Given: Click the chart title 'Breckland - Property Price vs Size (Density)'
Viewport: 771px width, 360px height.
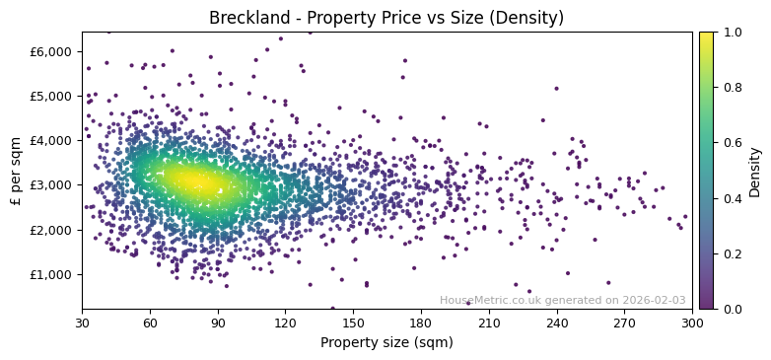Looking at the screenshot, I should click(x=386, y=18).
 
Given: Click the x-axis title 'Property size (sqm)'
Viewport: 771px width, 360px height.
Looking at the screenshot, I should click(x=386, y=343).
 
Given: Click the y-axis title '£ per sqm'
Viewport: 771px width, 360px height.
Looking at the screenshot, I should click(x=16, y=171).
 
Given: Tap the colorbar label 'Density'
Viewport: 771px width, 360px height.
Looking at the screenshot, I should click(x=754, y=171).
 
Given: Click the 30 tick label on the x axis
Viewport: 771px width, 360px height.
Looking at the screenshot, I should click(x=82, y=323).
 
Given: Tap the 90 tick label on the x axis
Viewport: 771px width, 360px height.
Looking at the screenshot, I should click(x=218, y=323).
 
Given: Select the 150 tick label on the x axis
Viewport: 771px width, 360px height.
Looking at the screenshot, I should click(x=353, y=323).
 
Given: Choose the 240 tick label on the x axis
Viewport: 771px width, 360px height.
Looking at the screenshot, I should click(x=557, y=323).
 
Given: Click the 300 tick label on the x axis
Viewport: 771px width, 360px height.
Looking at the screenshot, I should click(x=692, y=323).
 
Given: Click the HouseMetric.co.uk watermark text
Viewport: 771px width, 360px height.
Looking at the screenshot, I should click(x=562, y=300).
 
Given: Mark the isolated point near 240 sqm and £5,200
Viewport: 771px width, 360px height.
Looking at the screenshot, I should click(x=556, y=89).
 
